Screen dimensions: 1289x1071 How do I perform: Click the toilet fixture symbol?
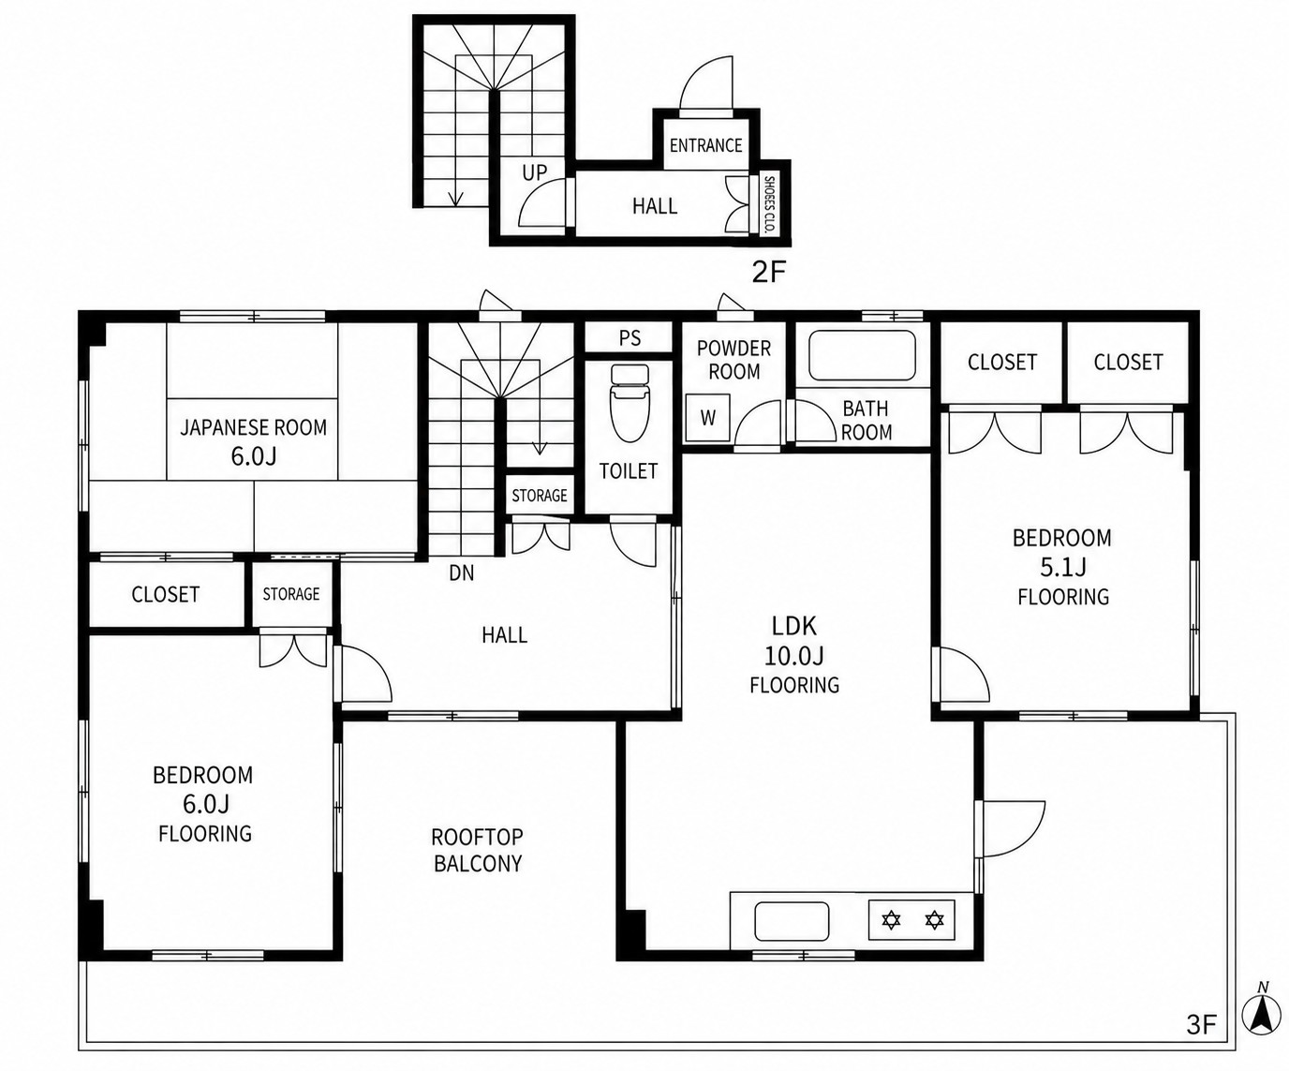point(630,403)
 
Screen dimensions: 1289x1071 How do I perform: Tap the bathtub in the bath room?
point(863,355)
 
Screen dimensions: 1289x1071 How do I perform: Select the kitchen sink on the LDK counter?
point(793,920)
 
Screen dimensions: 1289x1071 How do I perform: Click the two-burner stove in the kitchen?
point(911,920)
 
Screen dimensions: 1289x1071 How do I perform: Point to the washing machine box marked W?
point(708,418)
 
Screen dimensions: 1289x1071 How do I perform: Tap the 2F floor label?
point(768,272)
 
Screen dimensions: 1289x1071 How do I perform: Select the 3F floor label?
point(1201,1025)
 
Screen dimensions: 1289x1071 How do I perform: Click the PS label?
point(630,338)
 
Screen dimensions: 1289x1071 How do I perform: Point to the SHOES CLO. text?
point(768,205)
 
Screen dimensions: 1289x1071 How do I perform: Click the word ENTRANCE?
point(705,145)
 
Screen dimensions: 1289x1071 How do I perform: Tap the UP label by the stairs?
point(535,172)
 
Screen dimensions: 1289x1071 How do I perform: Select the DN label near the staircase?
point(462,573)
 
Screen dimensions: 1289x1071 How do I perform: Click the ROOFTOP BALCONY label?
point(478,850)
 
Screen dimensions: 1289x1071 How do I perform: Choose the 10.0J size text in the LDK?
point(793,656)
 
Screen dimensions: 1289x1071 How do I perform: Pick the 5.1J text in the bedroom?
point(1063,567)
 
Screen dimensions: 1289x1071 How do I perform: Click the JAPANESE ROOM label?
point(253,427)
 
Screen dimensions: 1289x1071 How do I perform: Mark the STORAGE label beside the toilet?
point(540,496)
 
